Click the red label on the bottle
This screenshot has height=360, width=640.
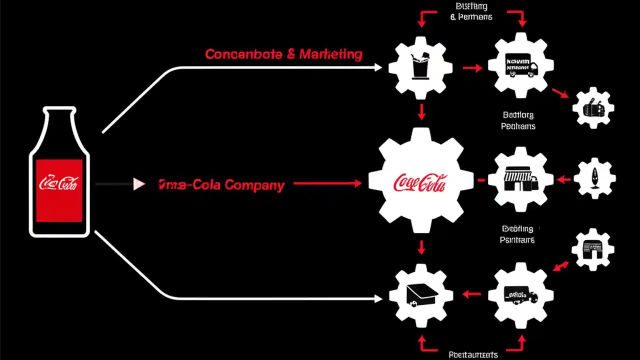59,190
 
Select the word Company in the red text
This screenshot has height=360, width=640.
254,185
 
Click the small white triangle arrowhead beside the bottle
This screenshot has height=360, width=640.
139,184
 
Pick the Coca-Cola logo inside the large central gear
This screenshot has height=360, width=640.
420,182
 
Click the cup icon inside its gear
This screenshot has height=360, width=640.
420,67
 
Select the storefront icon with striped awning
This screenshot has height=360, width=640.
520,179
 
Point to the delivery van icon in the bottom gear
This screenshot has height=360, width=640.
520,295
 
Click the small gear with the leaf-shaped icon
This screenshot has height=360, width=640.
594,178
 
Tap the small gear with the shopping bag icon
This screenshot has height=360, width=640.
593,108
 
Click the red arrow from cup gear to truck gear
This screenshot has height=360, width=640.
472,67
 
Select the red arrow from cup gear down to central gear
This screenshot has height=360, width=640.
421,112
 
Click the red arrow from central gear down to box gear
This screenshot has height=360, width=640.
421,247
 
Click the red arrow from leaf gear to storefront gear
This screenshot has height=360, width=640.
564,179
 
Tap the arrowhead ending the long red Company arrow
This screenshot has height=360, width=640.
357,184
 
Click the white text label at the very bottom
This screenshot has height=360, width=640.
473,354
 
